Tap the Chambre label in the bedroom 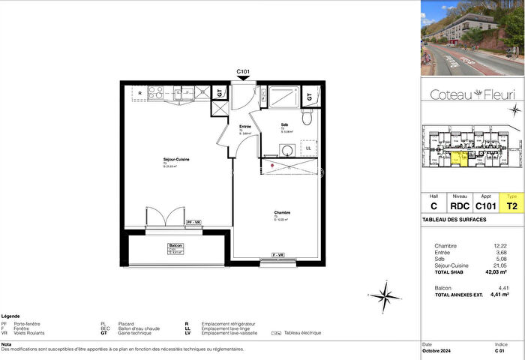(x=282, y=213)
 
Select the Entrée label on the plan (x=244, y=127)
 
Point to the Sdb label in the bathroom (x=285, y=124)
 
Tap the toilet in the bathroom (x=306, y=117)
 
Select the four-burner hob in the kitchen (x=157, y=92)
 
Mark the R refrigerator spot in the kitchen (x=140, y=92)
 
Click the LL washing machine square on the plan (x=308, y=148)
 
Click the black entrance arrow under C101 (x=243, y=79)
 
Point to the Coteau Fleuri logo (x=472, y=94)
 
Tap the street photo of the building (x=472, y=38)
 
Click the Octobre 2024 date (x=438, y=351)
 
